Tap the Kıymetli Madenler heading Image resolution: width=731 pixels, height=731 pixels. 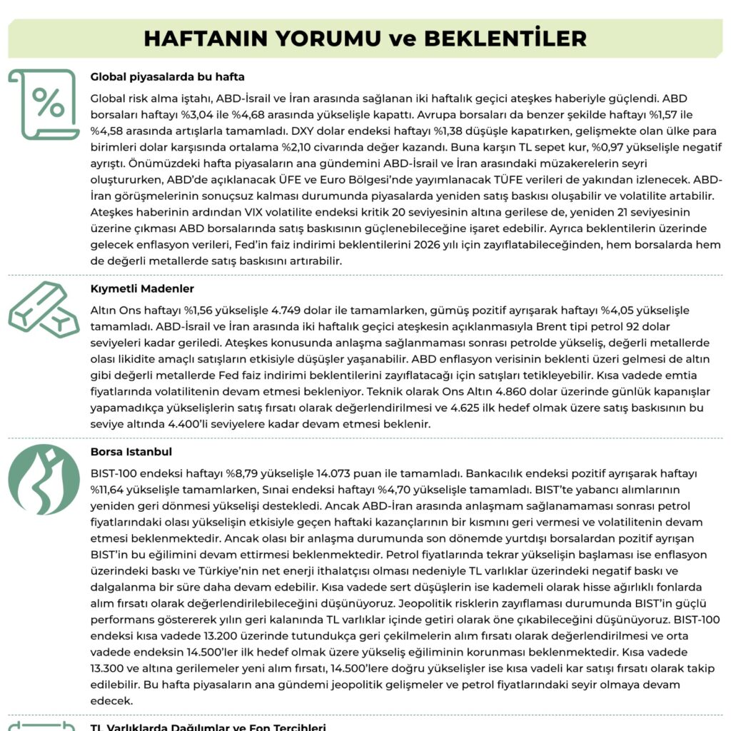pos(143,289)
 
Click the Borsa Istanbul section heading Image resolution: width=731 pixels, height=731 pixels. pos(131,452)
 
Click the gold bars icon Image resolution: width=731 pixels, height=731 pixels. pos(43,308)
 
